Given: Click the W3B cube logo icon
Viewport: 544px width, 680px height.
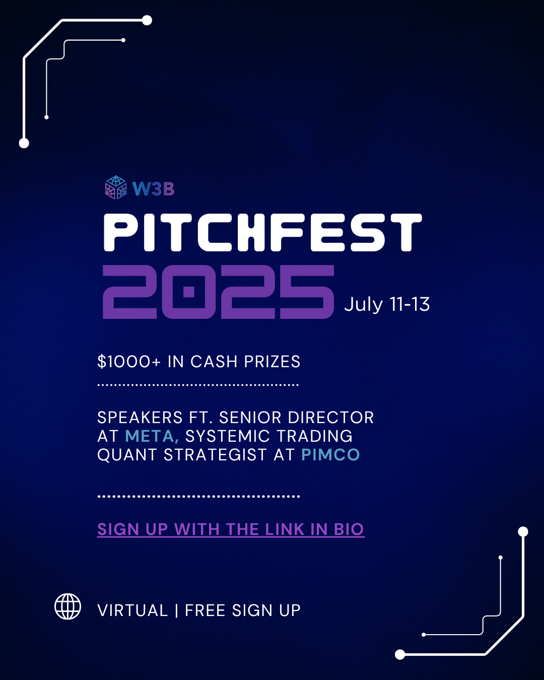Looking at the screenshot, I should pos(116,187).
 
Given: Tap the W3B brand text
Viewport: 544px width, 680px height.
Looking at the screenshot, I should pos(153,189).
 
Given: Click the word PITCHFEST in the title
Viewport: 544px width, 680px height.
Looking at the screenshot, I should pos(262,233).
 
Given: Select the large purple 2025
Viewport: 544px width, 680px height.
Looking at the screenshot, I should pos(218,292).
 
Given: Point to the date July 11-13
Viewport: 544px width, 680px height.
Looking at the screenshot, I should pos(387,304).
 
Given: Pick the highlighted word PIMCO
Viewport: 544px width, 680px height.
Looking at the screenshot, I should pos(330,455).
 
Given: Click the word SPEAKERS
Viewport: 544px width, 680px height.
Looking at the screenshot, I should pos(140,418).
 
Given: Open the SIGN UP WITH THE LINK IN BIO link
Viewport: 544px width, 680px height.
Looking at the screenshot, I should pos(231,529).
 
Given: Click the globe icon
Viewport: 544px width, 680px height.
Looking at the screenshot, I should pos(67,606).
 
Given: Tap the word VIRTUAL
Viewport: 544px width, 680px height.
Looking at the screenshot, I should pos(132,610).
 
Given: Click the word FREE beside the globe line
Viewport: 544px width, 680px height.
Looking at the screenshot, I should pos(205,610).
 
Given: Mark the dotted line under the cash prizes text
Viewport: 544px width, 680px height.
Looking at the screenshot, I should pos(198,385).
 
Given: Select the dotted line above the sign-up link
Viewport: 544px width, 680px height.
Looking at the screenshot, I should pos(198,496).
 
